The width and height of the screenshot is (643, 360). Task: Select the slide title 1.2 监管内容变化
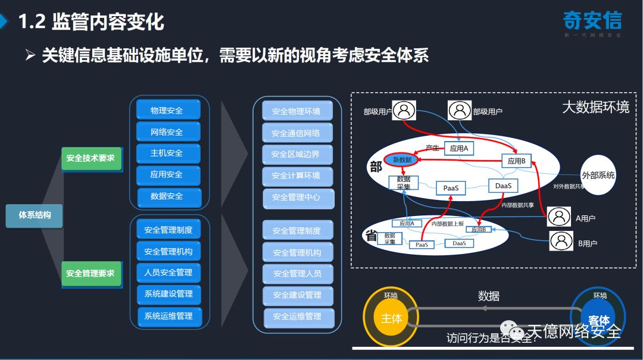point(91,23)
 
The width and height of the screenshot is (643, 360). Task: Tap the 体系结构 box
point(34,215)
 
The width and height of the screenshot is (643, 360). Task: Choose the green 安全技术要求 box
point(91,158)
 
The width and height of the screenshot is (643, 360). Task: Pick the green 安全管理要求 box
point(91,273)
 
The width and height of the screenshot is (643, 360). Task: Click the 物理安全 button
point(167,110)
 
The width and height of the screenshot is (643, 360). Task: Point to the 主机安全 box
point(167,153)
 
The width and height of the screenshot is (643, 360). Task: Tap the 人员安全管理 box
point(168,273)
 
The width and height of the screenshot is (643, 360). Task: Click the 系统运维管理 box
point(169,315)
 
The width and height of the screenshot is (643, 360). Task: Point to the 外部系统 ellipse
point(598,176)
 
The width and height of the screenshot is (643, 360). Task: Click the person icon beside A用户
point(558,217)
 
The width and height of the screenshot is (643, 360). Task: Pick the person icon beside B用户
point(561,240)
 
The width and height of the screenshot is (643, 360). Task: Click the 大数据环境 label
point(595,107)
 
